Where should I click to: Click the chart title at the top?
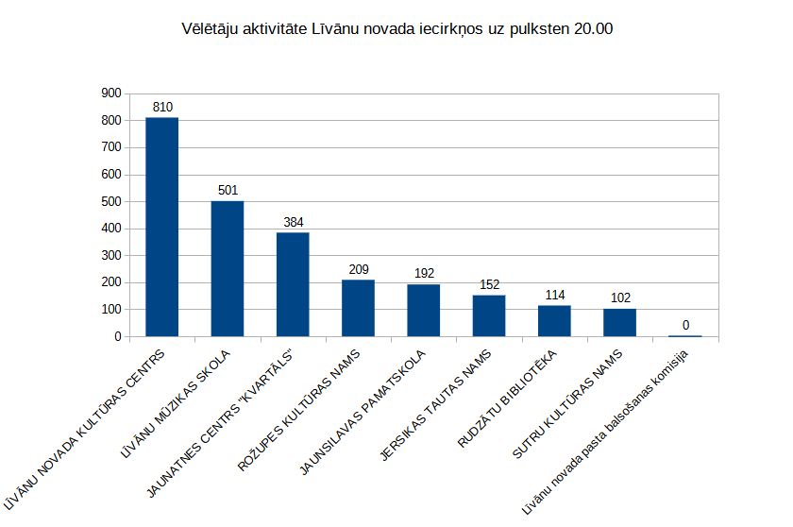click(x=396, y=29)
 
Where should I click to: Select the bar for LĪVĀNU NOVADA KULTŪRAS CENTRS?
click(x=161, y=227)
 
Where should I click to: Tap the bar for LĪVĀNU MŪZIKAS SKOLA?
click(x=228, y=269)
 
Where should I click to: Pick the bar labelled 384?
click(x=293, y=284)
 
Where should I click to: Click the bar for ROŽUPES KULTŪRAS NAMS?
click(x=358, y=308)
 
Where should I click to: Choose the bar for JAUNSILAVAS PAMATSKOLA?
click(x=424, y=310)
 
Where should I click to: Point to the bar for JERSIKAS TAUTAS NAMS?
click(x=489, y=315)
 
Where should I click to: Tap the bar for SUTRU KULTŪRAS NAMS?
click(x=619, y=322)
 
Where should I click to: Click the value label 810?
click(x=162, y=107)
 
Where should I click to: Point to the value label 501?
click(x=228, y=190)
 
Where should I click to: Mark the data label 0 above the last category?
click(x=685, y=325)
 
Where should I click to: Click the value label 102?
click(x=620, y=297)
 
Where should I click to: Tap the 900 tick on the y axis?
click(x=112, y=93)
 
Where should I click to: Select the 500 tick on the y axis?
click(x=112, y=201)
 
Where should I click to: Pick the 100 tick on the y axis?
click(x=112, y=309)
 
